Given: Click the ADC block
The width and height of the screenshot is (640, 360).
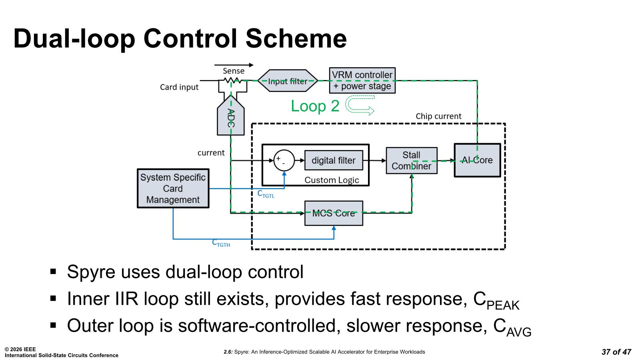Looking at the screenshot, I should pyautogui.click(x=231, y=118).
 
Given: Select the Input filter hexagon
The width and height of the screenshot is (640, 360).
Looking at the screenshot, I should pyautogui.click(x=288, y=81).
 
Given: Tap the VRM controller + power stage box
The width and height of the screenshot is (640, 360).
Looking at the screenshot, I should pyautogui.click(x=362, y=80).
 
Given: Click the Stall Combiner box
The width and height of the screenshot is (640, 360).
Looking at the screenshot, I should pyautogui.click(x=411, y=160).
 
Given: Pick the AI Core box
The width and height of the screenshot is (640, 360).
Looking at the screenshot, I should pyautogui.click(x=477, y=160).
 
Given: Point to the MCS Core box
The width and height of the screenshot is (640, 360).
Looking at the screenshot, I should pyautogui.click(x=334, y=213).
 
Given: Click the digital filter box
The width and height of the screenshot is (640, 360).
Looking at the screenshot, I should pyautogui.click(x=334, y=160).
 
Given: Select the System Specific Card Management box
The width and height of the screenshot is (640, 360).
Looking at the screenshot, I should pyautogui.click(x=173, y=188).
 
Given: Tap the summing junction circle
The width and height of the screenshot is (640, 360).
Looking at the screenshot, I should pyautogui.click(x=284, y=160).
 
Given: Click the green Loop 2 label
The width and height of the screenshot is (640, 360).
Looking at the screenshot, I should pyautogui.click(x=315, y=106).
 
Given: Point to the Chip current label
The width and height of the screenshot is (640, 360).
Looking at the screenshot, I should pyautogui.click(x=438, y=116).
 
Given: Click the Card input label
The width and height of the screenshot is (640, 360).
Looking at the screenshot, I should pyautogui.click(x=179, y=87).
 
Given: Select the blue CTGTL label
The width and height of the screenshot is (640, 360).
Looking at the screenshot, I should pyautogui.click(x=266, y=194).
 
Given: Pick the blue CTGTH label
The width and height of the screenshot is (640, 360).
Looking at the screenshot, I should pyautogui.click(x=221, y=243).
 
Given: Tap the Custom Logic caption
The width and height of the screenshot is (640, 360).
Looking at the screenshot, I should pyautogui.click(x=332, y=180).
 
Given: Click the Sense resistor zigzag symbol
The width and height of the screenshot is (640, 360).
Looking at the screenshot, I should pyautogui.click(x=231, y=80).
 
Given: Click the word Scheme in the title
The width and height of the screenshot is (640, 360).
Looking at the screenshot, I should pyautogui.click(x=296, y=38).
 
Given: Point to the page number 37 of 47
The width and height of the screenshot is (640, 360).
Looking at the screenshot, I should pyautogui.click(x=616, y=352).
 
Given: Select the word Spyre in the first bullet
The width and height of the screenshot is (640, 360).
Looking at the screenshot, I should pyautogui.click(x=91, y=272).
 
